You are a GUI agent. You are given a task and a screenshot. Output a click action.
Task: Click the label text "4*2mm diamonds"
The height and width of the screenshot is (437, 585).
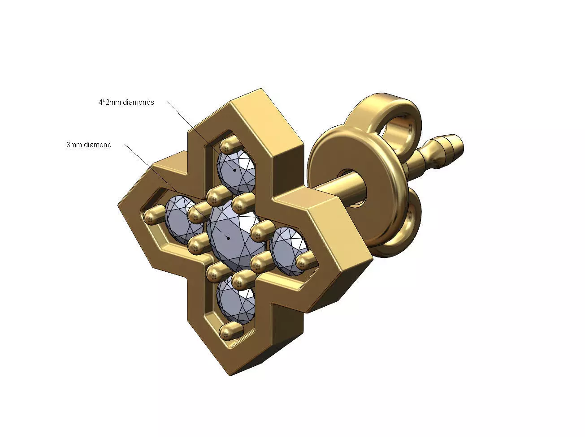126,102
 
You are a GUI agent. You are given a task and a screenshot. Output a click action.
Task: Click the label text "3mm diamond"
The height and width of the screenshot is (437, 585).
89,145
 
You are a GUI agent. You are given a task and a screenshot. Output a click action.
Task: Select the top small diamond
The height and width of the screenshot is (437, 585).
236,171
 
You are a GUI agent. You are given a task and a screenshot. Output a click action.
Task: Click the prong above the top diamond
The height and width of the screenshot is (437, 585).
230,145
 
